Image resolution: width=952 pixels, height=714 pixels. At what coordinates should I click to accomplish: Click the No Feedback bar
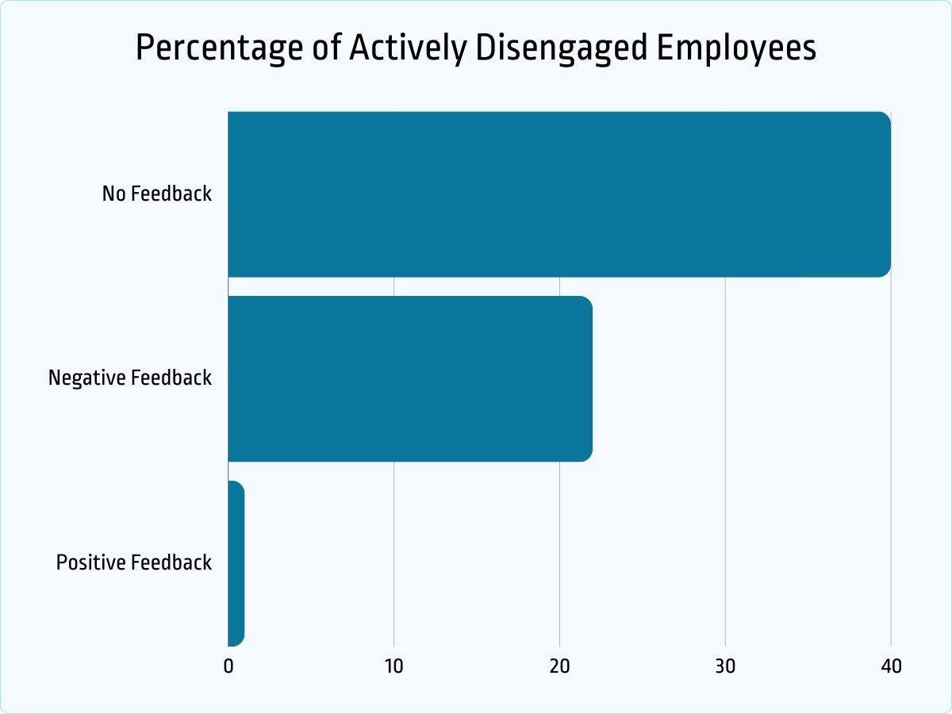click(559, 194)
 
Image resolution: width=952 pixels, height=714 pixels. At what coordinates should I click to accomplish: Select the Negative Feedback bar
click(409, 378)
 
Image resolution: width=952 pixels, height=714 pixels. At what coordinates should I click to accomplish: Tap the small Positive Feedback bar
click(236, 563)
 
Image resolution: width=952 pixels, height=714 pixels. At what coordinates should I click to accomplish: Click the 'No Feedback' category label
click(156, 194)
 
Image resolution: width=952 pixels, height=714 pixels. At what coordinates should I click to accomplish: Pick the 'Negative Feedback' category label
click(130, 378)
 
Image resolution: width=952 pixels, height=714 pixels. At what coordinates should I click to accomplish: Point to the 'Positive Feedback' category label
click(134, 562)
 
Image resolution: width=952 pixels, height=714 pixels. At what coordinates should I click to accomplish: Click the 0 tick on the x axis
click(228, 666)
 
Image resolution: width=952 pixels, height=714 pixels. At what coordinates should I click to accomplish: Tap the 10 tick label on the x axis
click(393, 666)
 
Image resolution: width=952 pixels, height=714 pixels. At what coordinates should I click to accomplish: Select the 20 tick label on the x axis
click(559, 666)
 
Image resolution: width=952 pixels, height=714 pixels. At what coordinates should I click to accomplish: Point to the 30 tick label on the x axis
click(725, 666)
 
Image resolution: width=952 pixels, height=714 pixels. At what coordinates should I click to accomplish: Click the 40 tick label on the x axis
click(890, 666)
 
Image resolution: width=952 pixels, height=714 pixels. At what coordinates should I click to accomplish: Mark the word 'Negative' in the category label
click(86, 378)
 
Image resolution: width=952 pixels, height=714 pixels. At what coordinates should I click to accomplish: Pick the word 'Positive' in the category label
click(90, 562)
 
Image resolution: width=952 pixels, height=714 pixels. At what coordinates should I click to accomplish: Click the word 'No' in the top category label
click(113, 194)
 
